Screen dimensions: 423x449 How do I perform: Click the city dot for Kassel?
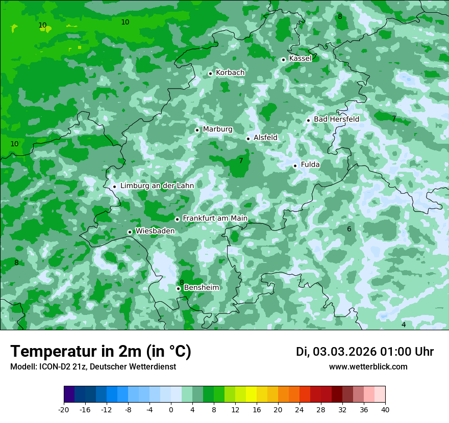point(283,60)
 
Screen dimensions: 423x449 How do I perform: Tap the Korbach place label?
point(230,73)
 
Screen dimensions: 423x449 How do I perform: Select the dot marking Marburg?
point(197,130)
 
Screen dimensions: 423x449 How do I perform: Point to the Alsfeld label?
point(265,138)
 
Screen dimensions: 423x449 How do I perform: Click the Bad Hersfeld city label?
point(336,119)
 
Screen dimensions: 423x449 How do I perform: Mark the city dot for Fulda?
point(295,166)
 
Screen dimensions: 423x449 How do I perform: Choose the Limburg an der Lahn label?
point(157,186)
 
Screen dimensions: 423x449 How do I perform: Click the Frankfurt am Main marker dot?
point(177,219)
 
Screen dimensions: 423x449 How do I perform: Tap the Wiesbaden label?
point(155,231)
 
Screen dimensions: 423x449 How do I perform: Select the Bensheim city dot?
point(178,288)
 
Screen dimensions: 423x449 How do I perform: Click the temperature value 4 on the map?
point(403,325)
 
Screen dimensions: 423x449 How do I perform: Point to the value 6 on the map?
point(349,229)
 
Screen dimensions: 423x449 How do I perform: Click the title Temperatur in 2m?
point(101,351)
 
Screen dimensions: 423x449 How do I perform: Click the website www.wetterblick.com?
point(368,367)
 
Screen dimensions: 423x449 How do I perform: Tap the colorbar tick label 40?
point(385,409)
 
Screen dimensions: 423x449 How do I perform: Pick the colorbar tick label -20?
point(64,409)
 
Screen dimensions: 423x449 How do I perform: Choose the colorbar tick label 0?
point(171,409)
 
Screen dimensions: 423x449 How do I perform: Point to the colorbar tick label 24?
point(300,409)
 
